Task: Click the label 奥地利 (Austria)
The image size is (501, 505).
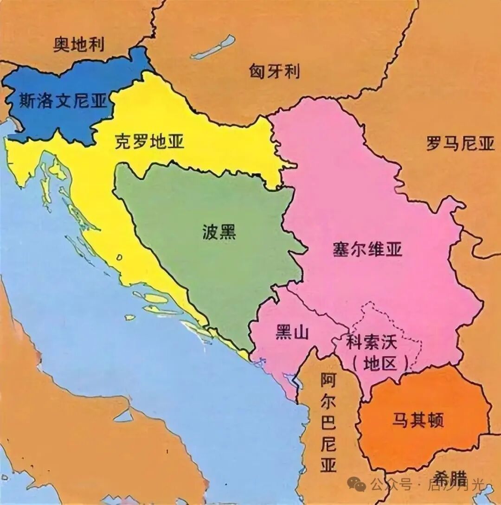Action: (78, 45)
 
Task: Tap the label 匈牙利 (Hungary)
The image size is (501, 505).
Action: (274, 71)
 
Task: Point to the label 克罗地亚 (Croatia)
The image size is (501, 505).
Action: (149, 141)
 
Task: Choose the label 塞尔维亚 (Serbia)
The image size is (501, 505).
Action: (367, 249)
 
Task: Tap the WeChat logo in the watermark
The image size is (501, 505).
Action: (357, 485)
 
